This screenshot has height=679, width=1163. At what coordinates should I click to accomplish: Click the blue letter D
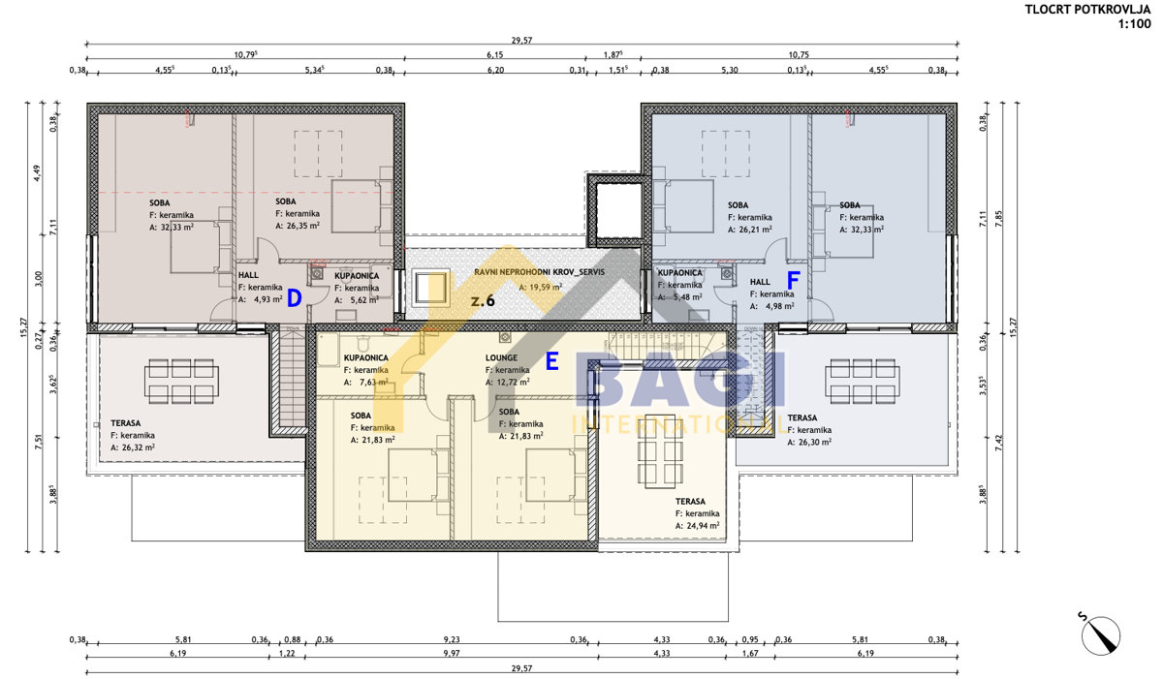click(295, 297)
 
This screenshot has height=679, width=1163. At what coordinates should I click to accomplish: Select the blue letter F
click(793, 282)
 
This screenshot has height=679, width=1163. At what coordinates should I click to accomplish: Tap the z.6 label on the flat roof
click(483, 301)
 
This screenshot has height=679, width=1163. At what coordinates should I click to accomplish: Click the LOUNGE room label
click(503, 357)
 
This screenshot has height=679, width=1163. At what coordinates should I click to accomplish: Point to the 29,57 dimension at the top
click(521, 40)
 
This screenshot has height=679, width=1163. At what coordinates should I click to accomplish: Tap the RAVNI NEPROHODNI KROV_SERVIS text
click(539, 273)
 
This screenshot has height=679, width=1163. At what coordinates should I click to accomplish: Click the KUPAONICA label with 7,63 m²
click(366, 357)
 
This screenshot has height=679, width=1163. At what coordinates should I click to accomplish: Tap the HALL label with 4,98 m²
click(761, 282)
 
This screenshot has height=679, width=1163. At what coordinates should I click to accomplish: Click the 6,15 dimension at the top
click(494, 56)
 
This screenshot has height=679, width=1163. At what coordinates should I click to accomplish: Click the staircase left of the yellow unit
click(289, 380)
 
